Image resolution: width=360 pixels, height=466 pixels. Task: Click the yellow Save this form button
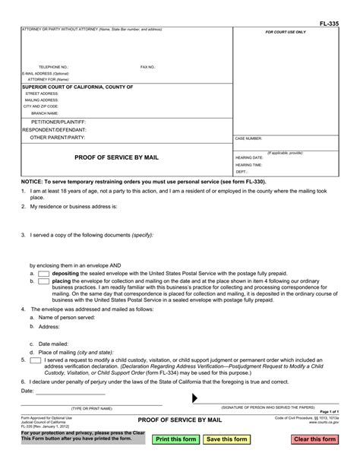226,439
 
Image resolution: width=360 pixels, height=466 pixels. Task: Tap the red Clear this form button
315,439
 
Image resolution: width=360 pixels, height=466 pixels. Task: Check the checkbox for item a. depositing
43,272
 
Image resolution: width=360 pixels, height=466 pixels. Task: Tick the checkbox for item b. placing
43,281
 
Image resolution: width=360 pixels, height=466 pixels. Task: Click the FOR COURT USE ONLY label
286,33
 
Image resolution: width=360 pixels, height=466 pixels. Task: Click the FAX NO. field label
148,67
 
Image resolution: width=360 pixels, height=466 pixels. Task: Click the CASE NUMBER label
248,138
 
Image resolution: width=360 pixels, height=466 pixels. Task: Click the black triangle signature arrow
196,398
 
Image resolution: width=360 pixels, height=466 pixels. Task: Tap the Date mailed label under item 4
52,344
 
